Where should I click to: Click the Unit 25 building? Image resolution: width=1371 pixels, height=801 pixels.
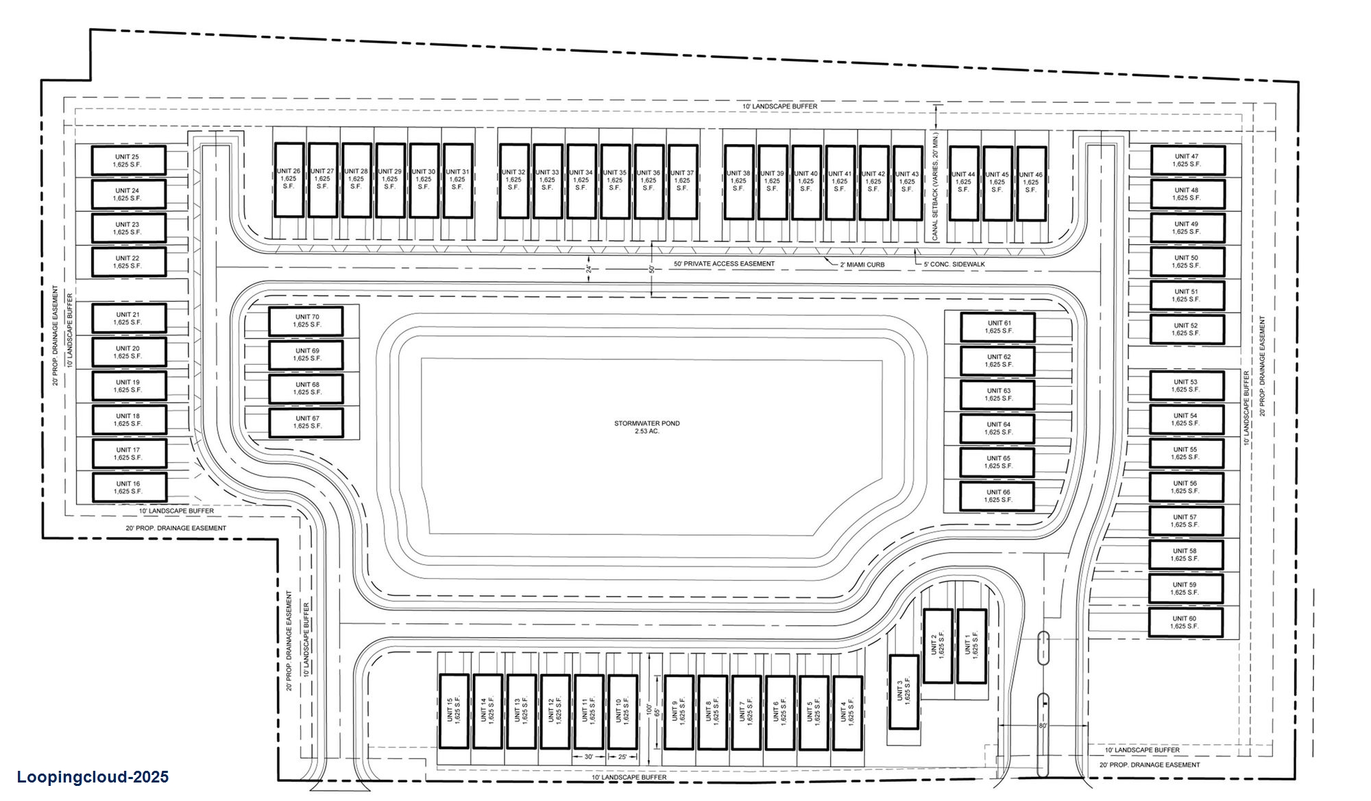128,160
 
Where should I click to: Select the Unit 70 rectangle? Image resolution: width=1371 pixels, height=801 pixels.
306,321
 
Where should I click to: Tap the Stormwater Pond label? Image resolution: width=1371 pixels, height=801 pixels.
646,423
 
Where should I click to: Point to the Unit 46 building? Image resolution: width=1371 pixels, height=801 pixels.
1030,182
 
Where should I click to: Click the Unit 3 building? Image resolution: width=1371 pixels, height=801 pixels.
903,693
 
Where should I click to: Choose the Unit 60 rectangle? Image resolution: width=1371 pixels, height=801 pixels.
1185,623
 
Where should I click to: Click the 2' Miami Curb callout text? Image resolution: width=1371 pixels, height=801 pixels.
862,264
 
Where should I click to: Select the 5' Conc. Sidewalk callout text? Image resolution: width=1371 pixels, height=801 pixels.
954,264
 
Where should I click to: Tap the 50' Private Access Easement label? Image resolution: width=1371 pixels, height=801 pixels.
724,263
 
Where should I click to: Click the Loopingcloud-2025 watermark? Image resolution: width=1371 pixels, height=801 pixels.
93,777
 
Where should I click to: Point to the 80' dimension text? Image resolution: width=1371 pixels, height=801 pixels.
1043,726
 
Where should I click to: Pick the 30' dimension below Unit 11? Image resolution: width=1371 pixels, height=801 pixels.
588,757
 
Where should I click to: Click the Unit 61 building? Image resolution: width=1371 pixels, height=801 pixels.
997,327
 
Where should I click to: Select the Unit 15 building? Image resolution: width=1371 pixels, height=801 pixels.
454,711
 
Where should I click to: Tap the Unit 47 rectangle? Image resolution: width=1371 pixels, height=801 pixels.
1187,160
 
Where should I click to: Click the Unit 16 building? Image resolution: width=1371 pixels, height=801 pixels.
128,488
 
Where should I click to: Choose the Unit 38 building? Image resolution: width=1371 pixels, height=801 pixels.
738,182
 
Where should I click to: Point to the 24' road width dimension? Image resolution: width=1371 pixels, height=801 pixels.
588,270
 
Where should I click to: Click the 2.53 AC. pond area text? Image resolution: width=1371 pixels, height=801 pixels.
646,431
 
